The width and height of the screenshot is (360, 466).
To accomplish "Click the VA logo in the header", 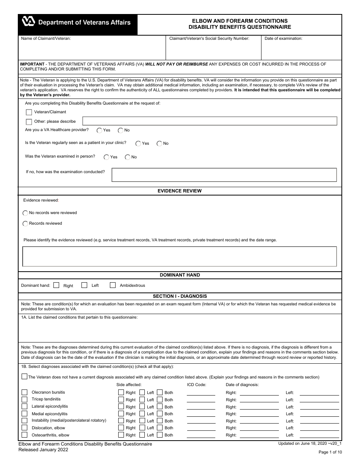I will (x=29, y=22).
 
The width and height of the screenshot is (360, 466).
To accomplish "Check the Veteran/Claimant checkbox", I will (x=29, y=112).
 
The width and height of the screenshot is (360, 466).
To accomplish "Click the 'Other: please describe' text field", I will (x=210, y=121).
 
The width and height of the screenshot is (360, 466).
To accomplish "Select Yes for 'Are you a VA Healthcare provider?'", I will (x=99, y=130).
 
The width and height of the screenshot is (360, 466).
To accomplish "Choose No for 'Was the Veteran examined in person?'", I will (x=128, y=157).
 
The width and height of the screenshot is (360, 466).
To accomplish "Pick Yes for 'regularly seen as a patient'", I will (x=138, y=144).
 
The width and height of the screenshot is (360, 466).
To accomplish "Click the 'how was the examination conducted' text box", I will (x=224, y=175).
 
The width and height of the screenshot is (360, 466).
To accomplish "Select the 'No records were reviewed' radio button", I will (x=25, y=213).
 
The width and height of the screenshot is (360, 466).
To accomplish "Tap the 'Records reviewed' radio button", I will (x=25, y=224).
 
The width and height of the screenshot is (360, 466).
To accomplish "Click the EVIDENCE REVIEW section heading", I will (x=180, y=191).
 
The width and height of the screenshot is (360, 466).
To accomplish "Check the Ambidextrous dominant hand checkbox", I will (x=113, y=285).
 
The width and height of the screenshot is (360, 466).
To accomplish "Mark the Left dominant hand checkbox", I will (x=85, y=285).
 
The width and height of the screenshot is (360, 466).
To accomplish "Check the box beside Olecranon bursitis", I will (x=25, y=393).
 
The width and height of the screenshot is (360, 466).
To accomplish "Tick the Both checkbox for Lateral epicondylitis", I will (x=160, y=407).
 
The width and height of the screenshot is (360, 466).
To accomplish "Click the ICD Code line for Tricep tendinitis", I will (x=201, y=400).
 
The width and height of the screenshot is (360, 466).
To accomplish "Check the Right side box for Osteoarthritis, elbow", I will (x=121, y=435).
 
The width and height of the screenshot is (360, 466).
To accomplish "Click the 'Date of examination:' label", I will (x=283, y=39).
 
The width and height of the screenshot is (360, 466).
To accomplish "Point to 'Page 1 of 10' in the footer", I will (x=330, y=452).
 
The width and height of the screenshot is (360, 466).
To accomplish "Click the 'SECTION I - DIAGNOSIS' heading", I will (x=180, y=296).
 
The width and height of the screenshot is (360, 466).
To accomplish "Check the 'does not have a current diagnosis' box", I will (x=25, y=377).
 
